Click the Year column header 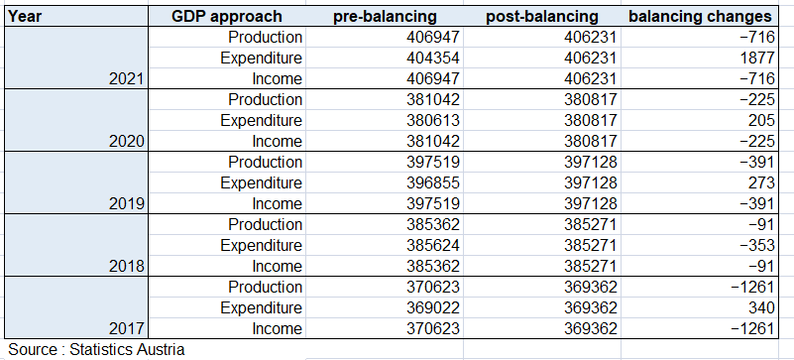25,16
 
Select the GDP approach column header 226,16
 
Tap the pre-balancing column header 385,16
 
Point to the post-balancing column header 542,16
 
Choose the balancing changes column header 700,16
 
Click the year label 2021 127,79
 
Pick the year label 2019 127,203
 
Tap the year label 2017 127,329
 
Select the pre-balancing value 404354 433,58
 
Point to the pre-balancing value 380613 433,121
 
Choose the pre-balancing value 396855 433,182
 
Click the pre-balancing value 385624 433,246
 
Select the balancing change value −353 756,246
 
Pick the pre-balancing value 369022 433,307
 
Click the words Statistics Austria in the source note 127,349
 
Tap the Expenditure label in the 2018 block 262,246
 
